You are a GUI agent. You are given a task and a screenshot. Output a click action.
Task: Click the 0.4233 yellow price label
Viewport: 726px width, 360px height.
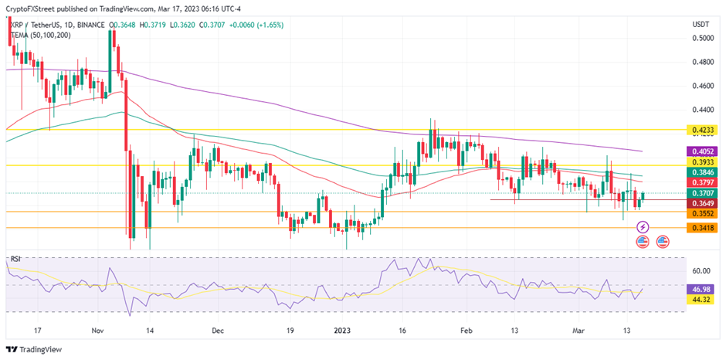pyautogui.click(x=701, y=131)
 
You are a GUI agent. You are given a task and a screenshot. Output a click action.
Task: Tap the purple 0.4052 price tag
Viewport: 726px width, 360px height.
pyautogui.click(x=701, y=151)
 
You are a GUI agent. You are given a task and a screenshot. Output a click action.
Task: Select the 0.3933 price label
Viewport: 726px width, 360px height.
pyautogui.click(x=701, y=162)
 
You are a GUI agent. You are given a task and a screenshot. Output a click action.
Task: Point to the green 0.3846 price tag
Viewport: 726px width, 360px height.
pyautogui.click(x=701, y=172)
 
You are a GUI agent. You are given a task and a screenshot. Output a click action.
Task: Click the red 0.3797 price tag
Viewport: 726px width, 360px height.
pyautogui.click(x=701, y=182)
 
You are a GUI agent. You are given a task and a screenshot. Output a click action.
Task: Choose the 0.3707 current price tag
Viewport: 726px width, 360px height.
pyautogui.click(x=701, y=193)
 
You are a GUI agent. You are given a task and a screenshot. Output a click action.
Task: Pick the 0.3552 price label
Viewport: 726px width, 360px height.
pyautogui.click(x=701, y=213)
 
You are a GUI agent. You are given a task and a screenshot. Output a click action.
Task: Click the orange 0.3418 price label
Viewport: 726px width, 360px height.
pyautogui.click(x=701, y=227)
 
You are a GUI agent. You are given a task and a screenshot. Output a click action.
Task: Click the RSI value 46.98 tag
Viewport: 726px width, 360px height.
pyautogui.click(x=701, y=287)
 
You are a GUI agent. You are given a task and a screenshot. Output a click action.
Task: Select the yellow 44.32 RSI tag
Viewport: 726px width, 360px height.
pyautogui.click(x=701, y=298)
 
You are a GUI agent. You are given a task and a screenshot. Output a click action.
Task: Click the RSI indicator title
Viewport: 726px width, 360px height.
pyautogui.click(x=15, y=258)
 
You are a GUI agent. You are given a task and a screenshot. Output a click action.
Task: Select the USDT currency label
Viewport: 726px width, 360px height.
pyautogui.click(x=701, y=25)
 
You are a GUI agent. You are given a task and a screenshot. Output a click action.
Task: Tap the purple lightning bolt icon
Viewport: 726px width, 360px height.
pyautogui.click(x=643, y=226)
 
